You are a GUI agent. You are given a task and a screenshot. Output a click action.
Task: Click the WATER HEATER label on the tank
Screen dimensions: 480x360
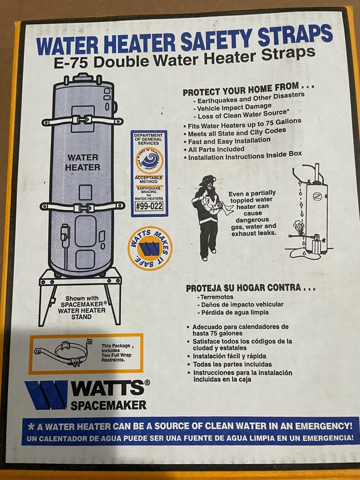click(83, 162)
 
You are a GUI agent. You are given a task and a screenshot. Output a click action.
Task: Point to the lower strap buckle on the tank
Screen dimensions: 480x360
click(82, 207)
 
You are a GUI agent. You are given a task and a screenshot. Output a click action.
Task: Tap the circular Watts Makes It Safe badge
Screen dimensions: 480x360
click(150, 248)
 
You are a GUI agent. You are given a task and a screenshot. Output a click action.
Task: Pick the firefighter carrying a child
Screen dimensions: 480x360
click(208, 217)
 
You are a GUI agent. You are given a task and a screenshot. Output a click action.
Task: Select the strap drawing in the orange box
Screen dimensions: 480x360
click(65, 353)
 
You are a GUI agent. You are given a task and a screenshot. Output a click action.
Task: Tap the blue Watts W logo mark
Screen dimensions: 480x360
click(46, 395)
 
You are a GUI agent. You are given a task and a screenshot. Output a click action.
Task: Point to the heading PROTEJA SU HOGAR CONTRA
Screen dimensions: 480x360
click(251, 288)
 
